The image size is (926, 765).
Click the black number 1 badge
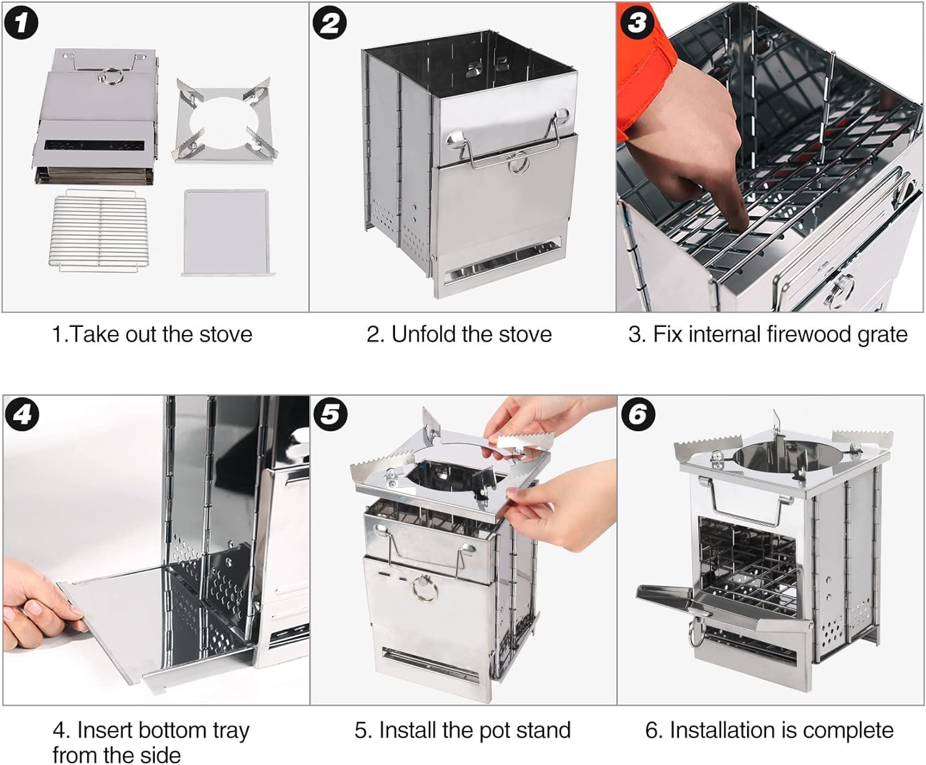[21, 23]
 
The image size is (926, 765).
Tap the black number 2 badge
[330, 23]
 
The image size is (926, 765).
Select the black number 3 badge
[637, 22]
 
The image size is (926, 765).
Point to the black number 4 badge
[22, 415]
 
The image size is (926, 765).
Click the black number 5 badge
[330, 415]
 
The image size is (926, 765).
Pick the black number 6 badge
[638, 415]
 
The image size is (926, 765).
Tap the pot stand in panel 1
[225, 120]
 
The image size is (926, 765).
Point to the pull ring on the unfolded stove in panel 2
[519, 165]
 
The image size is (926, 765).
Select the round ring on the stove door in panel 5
[425, 588]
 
